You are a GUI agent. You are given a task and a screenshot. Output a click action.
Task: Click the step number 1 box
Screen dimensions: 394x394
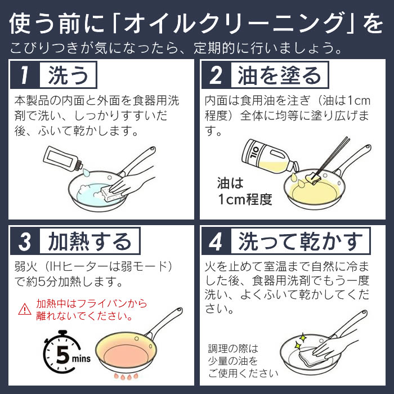[x=25, y=75]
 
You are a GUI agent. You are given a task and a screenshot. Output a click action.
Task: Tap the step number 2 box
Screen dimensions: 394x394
[x=216, y=75]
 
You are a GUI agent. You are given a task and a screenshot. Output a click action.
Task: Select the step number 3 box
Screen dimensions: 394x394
[x=25, y=241]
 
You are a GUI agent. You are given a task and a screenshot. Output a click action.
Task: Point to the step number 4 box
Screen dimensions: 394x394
[x=216, y=241]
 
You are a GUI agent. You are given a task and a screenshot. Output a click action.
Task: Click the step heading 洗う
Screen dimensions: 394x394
[x=68, y=75]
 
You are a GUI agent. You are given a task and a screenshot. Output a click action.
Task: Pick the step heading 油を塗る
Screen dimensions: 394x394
[x=279, y=75]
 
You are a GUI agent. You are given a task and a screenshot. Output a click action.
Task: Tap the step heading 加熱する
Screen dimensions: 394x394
[x=89, y=241]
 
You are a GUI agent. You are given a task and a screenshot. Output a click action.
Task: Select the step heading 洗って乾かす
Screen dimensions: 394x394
[x=301, y=241]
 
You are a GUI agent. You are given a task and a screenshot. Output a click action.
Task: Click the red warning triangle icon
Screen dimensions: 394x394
[x=25, y=310]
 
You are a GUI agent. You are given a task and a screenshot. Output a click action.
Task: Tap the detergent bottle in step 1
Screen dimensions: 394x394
[x=63, y=158]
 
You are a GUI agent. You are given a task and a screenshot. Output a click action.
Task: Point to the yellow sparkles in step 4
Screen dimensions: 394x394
[x=300, y=342]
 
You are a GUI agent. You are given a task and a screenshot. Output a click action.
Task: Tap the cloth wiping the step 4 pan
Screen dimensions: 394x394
[x=311, y=357]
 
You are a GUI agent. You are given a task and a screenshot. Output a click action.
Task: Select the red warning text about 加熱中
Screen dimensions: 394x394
[x=91, y=310]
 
